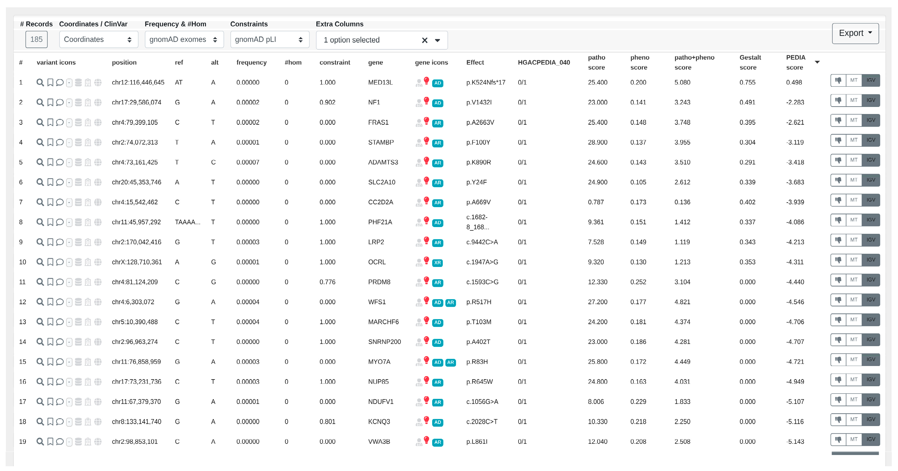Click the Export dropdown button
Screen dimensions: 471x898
pos(855,33)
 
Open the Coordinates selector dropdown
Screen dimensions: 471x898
pos(98,40)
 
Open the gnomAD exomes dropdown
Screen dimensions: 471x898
pos(184,40)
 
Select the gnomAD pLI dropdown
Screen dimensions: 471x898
pos(269,40)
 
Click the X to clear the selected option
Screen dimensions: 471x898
pos(424,40)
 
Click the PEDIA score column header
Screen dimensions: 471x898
pos(795,62)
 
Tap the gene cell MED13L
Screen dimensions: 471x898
pos(380,83)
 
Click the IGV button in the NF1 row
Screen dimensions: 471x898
pos(870,100)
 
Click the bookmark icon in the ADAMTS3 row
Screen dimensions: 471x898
pos(50,162)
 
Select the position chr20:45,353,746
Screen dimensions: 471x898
pos(136,182)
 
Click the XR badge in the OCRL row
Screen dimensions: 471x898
pos(437,263)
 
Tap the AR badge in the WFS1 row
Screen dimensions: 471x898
pos(450,302)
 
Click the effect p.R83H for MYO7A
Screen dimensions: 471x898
pos(477,362)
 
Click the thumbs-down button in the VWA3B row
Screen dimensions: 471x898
pos(838,439)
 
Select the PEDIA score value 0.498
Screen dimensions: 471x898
pos(794,83)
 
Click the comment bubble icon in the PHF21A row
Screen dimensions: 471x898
pos(60,222)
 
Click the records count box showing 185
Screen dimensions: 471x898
pos(36,40)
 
